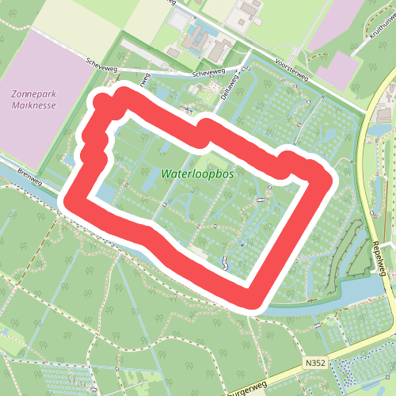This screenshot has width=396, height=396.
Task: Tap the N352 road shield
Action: coord(314,362)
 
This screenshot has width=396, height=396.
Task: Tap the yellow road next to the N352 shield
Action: coord(348,348)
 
